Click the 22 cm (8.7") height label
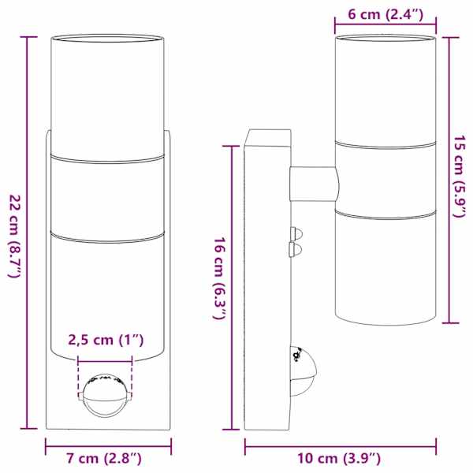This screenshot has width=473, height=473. tap(14, 236)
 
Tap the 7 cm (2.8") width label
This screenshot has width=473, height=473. tap(104, 459)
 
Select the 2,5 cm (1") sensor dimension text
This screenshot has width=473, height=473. tap(106, 340)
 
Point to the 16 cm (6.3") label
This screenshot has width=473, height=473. tap(219, 278)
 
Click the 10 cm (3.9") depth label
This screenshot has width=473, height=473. tap(339, 459)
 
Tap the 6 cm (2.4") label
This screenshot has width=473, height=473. tap(385, 14)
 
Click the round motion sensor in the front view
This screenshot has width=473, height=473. tap(105, 396)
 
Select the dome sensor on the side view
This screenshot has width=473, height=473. tap(304, 371)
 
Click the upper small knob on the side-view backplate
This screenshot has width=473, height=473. tap(296, 233)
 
